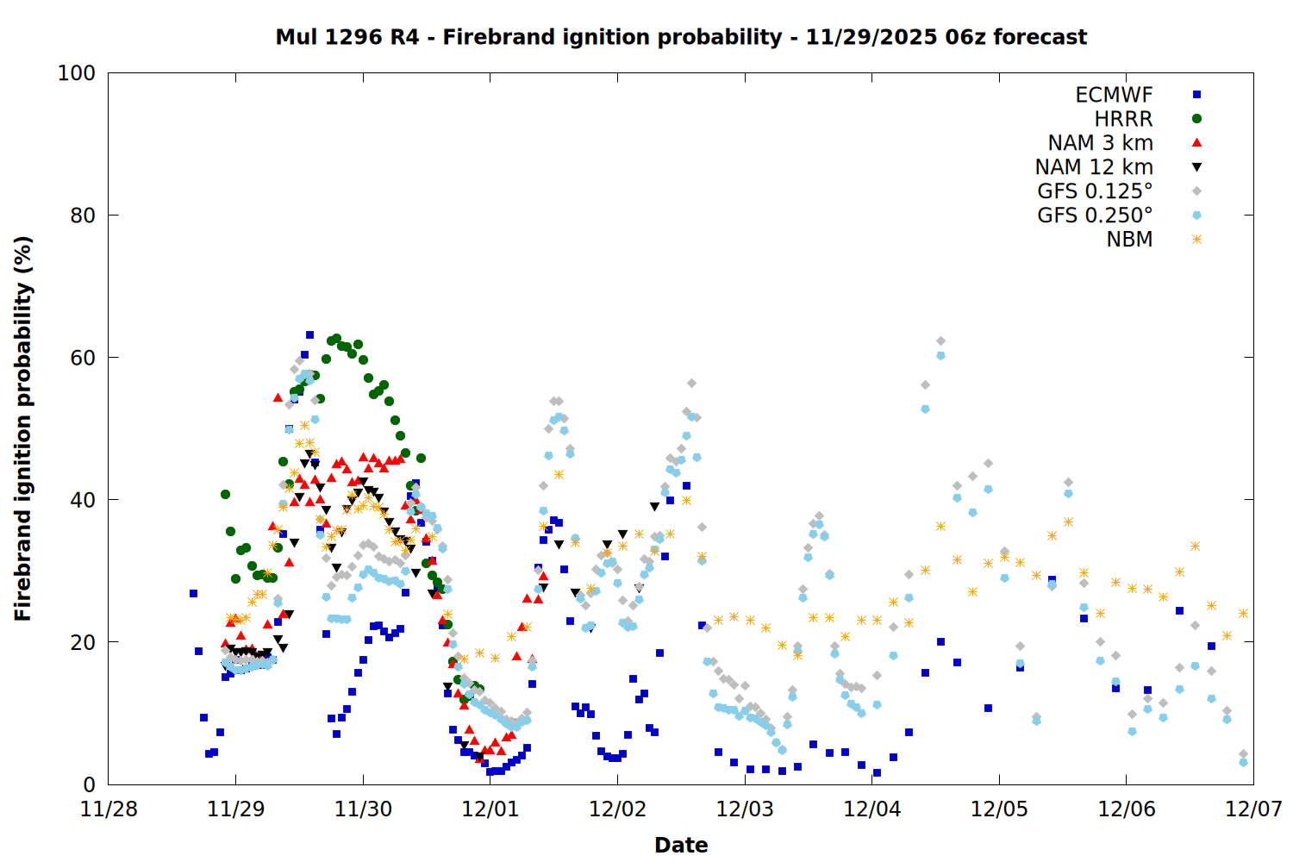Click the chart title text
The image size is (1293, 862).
[681, 37]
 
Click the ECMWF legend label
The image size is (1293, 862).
[1114, 95]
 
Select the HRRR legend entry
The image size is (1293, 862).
[1123, 119]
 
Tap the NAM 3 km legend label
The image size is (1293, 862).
[1100, 143]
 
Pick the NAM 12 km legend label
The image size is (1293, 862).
[1094, 167]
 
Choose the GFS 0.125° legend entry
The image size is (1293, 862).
[1095, 191]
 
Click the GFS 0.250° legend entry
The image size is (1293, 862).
[1095, 215]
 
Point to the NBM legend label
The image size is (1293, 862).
[1129, 240]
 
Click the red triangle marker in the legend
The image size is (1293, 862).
[1196, 142]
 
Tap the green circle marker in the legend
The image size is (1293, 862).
[1196, 119]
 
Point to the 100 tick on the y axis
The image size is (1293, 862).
[77, 73]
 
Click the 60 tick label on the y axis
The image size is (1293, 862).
[83, 358]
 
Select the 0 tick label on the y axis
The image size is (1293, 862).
[89, 784]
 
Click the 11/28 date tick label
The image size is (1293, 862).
[109, 809]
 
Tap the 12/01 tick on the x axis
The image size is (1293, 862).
[490, 809]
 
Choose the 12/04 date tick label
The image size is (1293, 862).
[872, 809]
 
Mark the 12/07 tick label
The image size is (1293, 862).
[1253, 809]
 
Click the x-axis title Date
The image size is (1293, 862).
[681, 845]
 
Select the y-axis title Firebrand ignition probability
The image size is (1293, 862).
[23, 428]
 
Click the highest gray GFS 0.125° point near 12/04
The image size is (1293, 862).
[940, 341]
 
